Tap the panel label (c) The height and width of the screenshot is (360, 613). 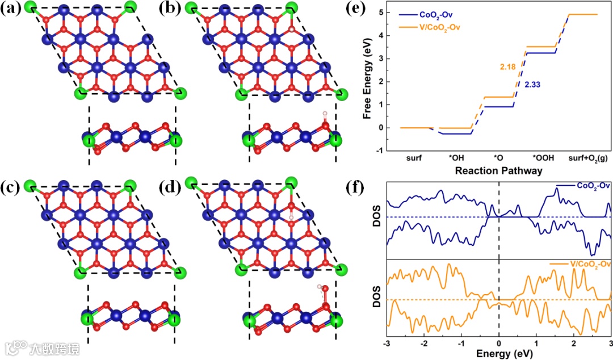[x=12, y=186]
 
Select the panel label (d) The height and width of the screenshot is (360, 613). [x=170, y=186]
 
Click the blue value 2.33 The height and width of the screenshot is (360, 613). [x=534, y=85]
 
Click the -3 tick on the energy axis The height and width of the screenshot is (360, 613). [x=387, y=343]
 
